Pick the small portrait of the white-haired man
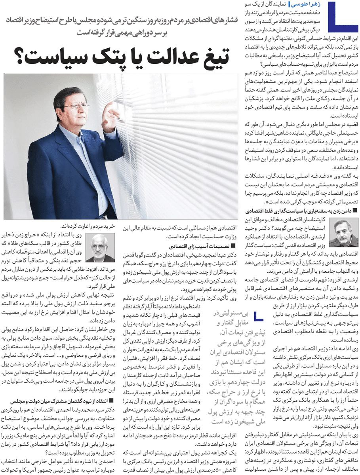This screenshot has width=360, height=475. click(100, 248)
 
